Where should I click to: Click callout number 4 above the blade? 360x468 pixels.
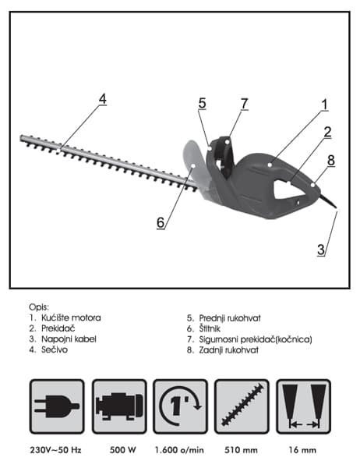[x=103, y=99]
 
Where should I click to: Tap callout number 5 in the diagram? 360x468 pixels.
[x=203, y=103]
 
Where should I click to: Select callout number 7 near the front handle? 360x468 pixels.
[x=244, y=104]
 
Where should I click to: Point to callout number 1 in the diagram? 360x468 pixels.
[x=324, y=105]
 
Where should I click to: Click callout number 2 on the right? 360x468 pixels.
[x=327, y=132]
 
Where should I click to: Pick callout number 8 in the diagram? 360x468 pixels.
[x=331, y=160]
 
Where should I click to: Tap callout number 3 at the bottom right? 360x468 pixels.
[x=321, y=250]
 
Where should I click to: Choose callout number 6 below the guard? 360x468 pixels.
[x=161, y=222]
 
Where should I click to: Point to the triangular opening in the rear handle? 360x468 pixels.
[x=287, y=190]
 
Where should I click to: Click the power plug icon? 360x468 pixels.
[x=57, y=406]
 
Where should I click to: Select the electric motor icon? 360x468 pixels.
[x=119, y=406]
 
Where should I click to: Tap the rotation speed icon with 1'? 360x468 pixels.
[x=180, y=406]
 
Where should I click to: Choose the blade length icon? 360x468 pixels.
[x=242, y=406]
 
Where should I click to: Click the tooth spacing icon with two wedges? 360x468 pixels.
[x=303, y=406]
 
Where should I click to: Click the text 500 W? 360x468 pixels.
[x=122, y=450]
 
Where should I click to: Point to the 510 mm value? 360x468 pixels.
[x=241, y=450]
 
